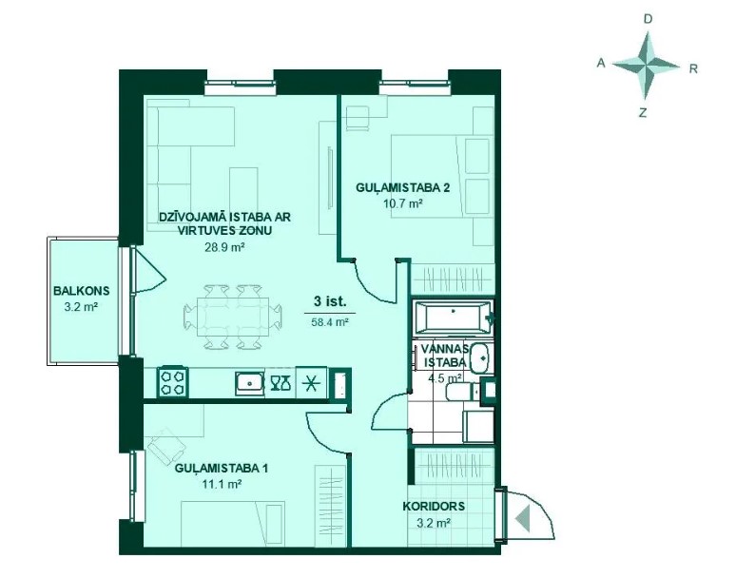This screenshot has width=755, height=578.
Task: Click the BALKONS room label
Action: (x=82, y=291)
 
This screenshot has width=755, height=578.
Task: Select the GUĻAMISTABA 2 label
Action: (x=403, y=187)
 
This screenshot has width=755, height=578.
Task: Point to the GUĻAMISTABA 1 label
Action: (x=222, y=468)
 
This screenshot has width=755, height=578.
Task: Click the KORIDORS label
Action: (x=434, y=507)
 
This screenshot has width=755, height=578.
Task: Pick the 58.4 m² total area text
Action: (x=330, y=322)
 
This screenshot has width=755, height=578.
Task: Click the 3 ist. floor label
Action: (x=330, y=301)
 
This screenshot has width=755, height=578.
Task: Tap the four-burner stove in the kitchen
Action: (x=173, y=382)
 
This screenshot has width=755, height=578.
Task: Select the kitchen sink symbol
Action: (x=250, y=383)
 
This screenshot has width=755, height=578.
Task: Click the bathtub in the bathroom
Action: (x=454, y=318)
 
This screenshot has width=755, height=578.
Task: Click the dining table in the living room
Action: (x=234, y=317)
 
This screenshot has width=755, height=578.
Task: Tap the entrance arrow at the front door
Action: (x=523, y=519)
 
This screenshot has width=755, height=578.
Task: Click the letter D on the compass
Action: (x=649, y=19)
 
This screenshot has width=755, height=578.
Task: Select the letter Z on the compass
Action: (x=643, y=113)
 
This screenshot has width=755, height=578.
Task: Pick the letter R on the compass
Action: (x=693, y=68)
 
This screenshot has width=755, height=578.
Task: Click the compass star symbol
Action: (x=647, y=66)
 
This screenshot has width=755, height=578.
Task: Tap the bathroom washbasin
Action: (x=480, y=358)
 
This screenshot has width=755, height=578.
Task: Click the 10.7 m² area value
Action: (x=403, y=203)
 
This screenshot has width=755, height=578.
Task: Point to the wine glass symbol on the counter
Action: (x=281, y=383)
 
